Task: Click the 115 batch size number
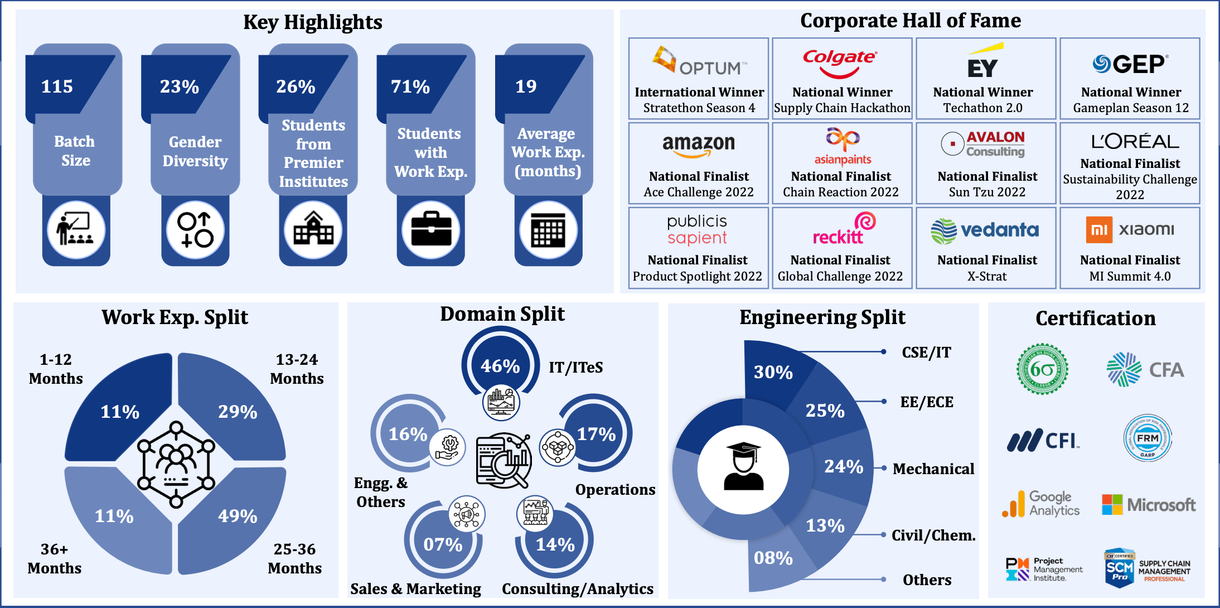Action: [x=57, y=86]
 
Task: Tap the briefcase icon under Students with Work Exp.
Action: [x=430, y=230]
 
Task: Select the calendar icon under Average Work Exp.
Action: [x=548, y=230]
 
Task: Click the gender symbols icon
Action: [x=195, y=230]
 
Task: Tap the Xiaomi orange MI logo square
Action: [x=1099, y=230]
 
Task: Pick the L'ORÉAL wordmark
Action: [x=1135, y=142]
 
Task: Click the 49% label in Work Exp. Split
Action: [x=238, y=516]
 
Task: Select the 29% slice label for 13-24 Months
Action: [x=238, y=412]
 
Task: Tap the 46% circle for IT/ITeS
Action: [x=500, y=366]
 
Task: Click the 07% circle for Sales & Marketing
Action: [x=443, y=544]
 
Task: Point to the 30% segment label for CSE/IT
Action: [x=773, y=372]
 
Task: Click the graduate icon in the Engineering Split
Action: [x=743, y=467]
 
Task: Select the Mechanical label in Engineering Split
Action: [x=933, y=469]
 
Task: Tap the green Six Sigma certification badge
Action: [x=1042, y=369]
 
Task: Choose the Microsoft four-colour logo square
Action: [x=1112, y=505]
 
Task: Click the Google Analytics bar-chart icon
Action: [x=1014, y=504]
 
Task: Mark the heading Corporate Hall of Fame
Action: [x=911, y=21]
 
